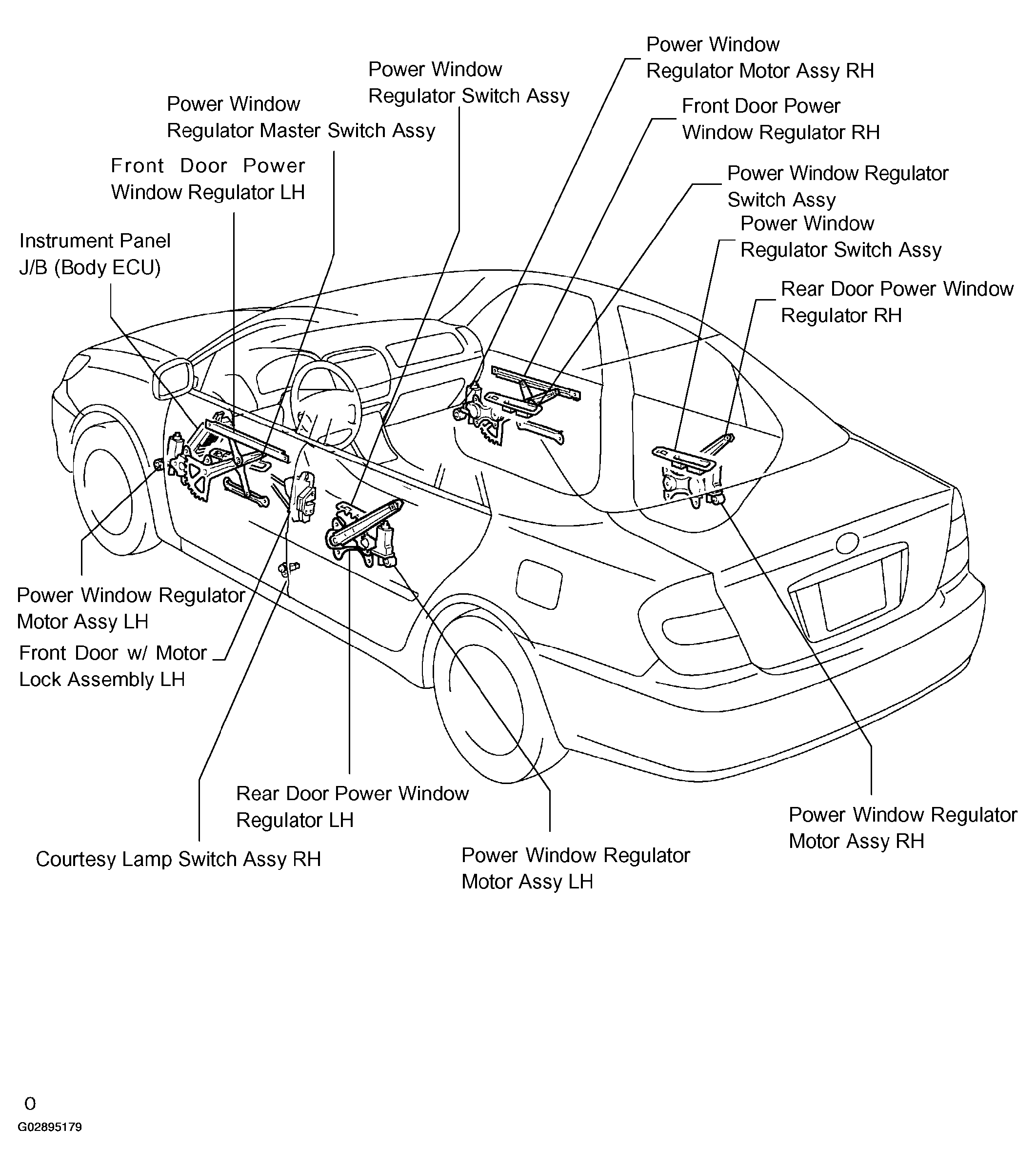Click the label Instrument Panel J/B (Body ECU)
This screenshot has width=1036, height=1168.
pos(95,254)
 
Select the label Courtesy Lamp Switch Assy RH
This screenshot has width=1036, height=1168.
pos(179,859)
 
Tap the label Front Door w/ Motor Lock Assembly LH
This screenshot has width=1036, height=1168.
pos(113,665)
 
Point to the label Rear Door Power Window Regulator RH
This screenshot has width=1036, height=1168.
pos(897,302)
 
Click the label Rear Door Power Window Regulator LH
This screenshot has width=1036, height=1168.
pos(352,806)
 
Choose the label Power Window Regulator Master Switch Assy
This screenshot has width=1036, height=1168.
pos(300,117)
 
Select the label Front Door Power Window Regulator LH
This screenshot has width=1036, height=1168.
pos(208,179)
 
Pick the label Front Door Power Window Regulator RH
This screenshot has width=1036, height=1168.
pos(780,119)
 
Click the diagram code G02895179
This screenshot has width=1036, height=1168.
pos(50,1138)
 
